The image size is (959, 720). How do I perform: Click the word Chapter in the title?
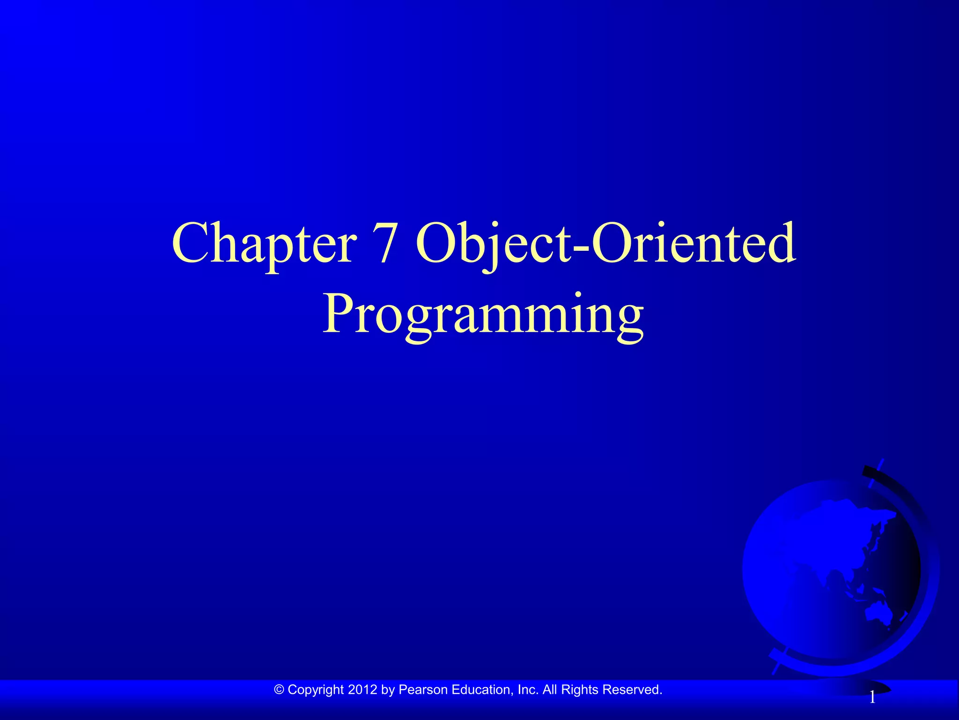click(x=264, y=244)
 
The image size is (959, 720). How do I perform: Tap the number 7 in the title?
click(x=385, y=244)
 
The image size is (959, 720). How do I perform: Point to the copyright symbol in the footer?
click(x=279, y=690)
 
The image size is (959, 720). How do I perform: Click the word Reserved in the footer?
click(x=632, y=690)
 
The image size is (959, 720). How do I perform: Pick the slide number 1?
click(x=872, y=698)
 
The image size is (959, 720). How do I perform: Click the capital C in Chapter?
click(x=190, y=244)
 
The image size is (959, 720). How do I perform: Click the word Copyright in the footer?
click(x=316, y=690)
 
